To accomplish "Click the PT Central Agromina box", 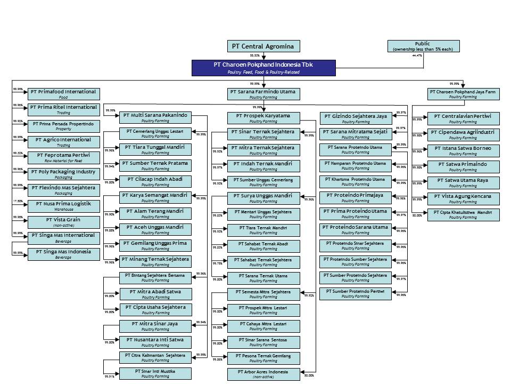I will click(x=263, y=46).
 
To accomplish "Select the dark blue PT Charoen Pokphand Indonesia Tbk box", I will click(x=263, y=67).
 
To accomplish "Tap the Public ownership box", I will click(x=423, y=46).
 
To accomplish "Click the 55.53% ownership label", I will click(x=255, y=55).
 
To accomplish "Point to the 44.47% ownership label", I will click(x=417, y=55).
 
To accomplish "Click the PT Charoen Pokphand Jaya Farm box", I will click(x=463, y=94).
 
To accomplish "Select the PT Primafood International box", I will click(x=63, y=94).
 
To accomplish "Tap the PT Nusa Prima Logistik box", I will click(x=63, y=206).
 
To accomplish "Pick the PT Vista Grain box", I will click(x=63, y=222).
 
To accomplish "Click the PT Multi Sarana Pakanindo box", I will click(x=155, y=117).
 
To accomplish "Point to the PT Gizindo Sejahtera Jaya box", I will click(x=356, y=118).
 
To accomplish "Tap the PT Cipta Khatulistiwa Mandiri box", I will click(x=463, y=214).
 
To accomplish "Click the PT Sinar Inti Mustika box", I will click(x=155, y=373).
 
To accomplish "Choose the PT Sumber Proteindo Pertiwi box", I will click(x=356, y=294).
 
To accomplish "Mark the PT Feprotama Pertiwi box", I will click(x=63, y=157).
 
